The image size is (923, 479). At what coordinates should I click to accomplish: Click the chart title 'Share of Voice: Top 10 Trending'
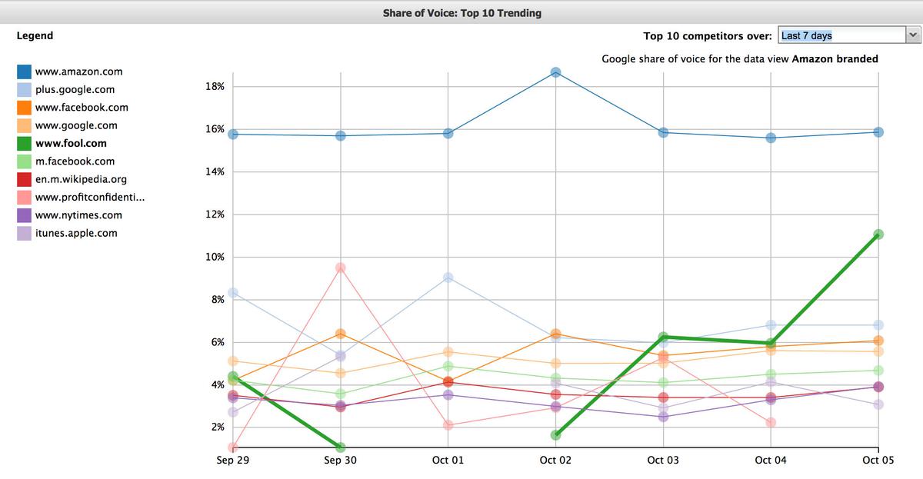tap(461, 13)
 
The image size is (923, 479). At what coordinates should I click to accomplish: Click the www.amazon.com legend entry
tap(78, 72)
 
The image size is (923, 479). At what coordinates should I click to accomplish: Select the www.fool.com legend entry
tap(71, 143)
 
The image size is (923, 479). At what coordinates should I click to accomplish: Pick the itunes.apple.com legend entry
tap(76, 233)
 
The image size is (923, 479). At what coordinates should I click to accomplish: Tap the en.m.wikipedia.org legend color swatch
tap(24, 180)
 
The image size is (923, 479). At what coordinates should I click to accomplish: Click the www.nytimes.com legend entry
tap(78, 215)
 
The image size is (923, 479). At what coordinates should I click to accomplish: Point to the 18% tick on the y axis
tap(215, 87)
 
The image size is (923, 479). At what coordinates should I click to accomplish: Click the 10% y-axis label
tap(215, 257)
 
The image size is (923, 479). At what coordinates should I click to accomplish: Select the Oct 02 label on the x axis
tap(555, 460)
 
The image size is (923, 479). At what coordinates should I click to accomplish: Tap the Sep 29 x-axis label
tap(233, 460)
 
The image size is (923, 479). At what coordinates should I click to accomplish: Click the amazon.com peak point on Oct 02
tap(555, 72)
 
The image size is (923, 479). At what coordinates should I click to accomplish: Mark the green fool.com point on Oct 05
tap(878, 235)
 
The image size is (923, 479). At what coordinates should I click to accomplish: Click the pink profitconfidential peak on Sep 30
tap(341, 268)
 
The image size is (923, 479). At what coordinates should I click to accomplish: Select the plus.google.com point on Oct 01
tap(448, 278)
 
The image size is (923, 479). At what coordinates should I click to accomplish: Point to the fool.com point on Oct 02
tap(555, 435)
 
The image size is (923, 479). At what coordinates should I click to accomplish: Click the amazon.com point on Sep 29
tap(233, 134)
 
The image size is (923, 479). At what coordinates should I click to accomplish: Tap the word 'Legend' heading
tap(35, 35)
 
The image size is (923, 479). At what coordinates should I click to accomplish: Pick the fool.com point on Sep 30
tap(341, 447)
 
